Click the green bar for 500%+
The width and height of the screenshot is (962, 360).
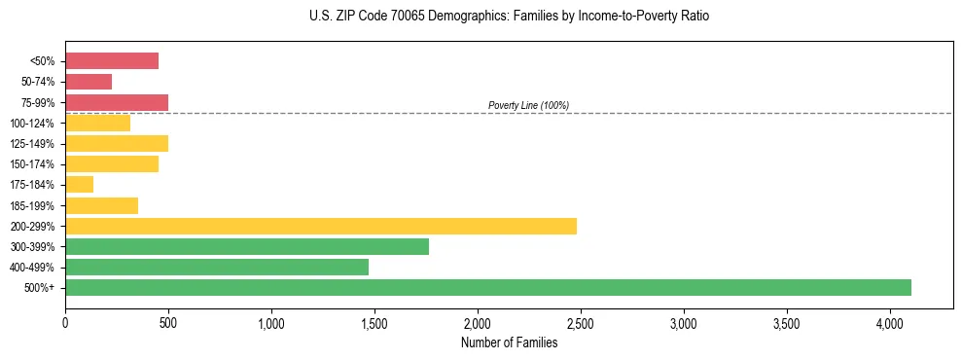pos(487,287)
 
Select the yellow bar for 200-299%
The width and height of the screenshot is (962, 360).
pos(320,226)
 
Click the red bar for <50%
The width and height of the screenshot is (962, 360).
pos(111,61)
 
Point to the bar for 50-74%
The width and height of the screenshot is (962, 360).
pos(89,82)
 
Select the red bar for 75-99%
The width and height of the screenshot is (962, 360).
pos(116,102)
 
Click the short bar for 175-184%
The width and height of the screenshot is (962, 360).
pos(79,184)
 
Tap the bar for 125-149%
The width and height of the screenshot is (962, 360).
pos(116,143)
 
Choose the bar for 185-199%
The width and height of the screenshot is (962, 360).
pos(101,205)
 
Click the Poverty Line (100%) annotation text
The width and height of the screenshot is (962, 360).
pos(528,105)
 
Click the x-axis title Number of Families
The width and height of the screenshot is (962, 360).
pos(509,342)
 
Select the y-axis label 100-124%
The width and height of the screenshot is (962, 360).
pos(32,124)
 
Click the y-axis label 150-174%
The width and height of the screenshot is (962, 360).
pos(32,164)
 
